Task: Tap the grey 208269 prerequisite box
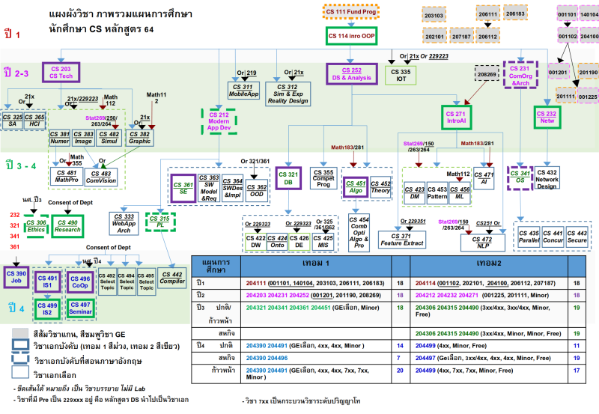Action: pyautogui.click(x=487, y=75)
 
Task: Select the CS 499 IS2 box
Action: pyautogui.click(x=48, y=308)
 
